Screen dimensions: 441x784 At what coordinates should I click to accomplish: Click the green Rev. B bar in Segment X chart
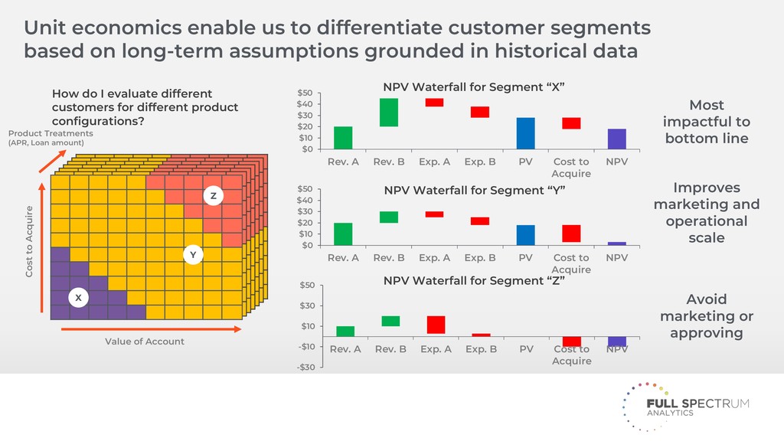[389, 113]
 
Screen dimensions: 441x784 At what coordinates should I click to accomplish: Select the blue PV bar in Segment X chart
[525, 133]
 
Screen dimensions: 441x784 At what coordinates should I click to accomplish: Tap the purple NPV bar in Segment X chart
[616, 139]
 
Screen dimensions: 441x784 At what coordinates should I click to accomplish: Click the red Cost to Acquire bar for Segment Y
[571, 234]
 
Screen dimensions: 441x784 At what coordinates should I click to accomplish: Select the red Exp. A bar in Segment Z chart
[435, 325]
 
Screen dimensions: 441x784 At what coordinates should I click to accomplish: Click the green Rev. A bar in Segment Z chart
[345, 332]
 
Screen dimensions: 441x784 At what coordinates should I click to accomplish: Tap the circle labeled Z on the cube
[213, 196]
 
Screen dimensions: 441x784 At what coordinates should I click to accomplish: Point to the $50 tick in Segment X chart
[305, 93]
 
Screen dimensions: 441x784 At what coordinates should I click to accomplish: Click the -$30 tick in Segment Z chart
[305, 367]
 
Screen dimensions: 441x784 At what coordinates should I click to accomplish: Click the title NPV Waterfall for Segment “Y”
[474, 191]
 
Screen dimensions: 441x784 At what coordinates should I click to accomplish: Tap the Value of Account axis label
[145, 341]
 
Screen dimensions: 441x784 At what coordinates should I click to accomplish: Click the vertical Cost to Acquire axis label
[30, 241]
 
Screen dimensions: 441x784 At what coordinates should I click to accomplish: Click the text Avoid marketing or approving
[706, 315]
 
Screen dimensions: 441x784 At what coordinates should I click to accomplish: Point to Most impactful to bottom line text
[706, 122]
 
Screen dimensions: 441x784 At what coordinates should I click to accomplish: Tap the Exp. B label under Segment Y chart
[480, 258]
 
